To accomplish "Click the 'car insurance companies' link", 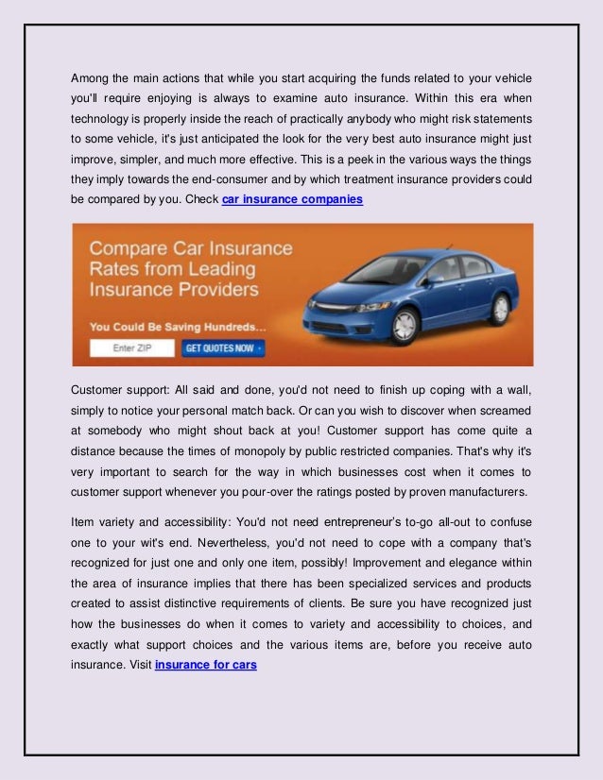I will coord(292,200).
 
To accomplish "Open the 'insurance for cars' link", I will coord(205,664).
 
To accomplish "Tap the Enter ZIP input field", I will coord(132,348).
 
